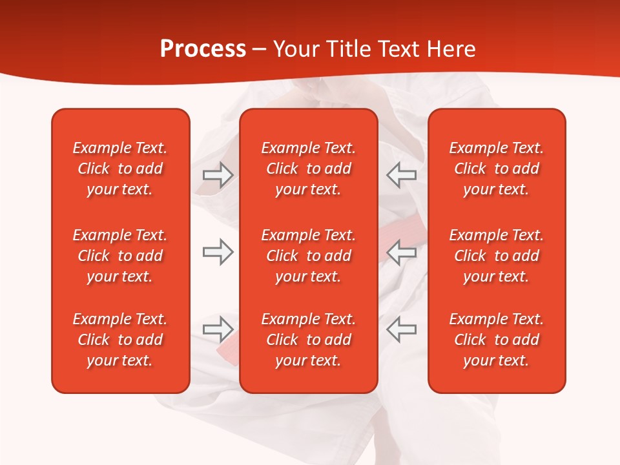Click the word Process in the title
[203, 49]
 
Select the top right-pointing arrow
[218, 175]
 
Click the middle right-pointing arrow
[218, 252]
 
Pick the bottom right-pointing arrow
[218, 329]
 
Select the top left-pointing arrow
[401, 175]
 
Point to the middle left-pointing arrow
[401, 252]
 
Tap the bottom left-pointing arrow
[401, 329]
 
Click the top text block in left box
[120, 169]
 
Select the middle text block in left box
[120, 256]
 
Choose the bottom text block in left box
[120, 340]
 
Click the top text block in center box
[308, 169]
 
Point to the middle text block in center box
[308, 256]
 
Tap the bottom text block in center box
[308, 340]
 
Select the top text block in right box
[496, 169]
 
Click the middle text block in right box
[496, 256]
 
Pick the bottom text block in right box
[496, 340]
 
